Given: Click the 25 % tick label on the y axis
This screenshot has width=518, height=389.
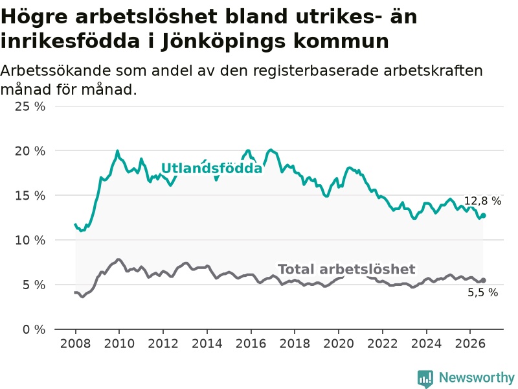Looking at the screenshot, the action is (x=30, y=106).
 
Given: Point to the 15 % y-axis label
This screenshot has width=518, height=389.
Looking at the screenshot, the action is (x=30, y=196).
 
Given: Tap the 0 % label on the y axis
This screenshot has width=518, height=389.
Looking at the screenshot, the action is (x=34, y=329).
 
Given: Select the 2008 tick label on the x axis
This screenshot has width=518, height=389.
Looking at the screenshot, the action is (x=75, y=344).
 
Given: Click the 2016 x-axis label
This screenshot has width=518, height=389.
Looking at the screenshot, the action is (x=251, y=344).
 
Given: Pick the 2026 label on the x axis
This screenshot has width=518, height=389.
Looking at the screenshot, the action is (x=470, y=344).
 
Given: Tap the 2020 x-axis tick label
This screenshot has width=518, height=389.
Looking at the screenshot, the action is (x=339, y=344).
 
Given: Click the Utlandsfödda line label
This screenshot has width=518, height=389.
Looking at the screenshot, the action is (x=212, y=169).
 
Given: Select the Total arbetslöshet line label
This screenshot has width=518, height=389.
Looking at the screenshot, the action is (x=346, y=269).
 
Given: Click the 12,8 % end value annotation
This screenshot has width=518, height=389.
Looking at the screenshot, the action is (x=482, y=201).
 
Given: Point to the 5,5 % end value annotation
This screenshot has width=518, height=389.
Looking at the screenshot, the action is (x=482, y=292).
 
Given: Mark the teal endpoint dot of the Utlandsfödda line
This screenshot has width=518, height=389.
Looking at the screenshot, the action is (x=483, y=216).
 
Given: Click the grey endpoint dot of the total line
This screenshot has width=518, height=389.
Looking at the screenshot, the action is (x=483, y=280).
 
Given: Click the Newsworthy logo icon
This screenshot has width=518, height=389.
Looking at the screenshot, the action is (x=425, y=379).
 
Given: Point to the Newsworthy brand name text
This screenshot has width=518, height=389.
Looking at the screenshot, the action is (x=477, y=377).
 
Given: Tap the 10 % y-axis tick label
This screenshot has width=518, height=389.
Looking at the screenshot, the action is (x=30, y=240).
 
